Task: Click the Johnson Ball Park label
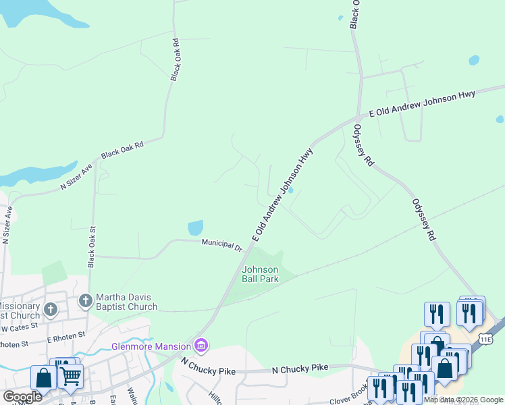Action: (x=260, y=274)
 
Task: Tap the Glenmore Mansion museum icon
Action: (x=201, y=346)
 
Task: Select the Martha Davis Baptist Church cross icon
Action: (x=85, y=300)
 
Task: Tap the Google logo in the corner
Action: (x=22, y=397)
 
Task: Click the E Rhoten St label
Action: (x=66, y=334)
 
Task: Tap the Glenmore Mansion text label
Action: (x=151, y=347)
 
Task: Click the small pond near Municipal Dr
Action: (x=194, y=228)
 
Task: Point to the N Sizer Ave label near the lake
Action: (x=76, y=176)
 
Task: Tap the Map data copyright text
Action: (x=464, y=400)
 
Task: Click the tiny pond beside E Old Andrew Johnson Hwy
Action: (x=290, y=190)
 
